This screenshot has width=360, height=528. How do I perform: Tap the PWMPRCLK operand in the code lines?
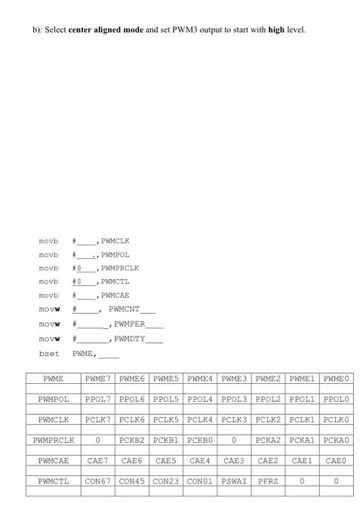121,268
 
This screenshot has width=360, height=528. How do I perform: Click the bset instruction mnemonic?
47,352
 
